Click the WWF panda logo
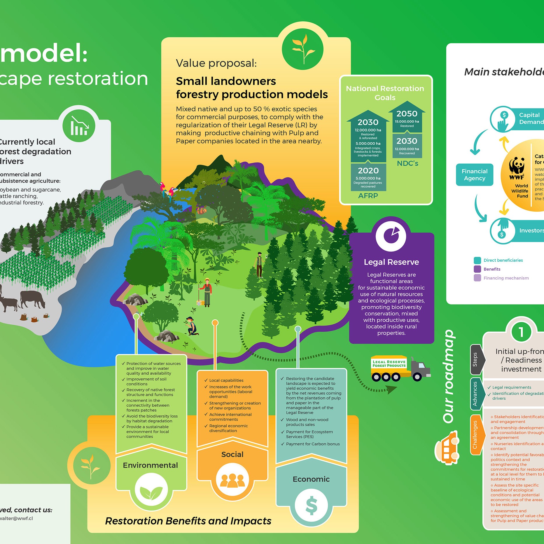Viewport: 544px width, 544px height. point(517,168)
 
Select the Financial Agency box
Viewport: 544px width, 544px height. point(474,175)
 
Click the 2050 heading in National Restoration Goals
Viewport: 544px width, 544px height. point(407,114)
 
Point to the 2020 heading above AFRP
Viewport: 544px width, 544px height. point(368,171)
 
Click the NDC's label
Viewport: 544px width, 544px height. point(407,163)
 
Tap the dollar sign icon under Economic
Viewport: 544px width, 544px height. point(311,505)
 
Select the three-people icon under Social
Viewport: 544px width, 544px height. point(232,480)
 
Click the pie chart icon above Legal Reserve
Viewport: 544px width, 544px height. point(391,236)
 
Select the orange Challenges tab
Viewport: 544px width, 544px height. point(475,435)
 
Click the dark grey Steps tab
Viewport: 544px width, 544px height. point(475,359)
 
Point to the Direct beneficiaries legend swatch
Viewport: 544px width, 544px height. point(477,260)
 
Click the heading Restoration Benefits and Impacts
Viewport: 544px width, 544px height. point(188,521)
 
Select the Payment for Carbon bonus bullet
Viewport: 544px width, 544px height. point(312,444)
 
